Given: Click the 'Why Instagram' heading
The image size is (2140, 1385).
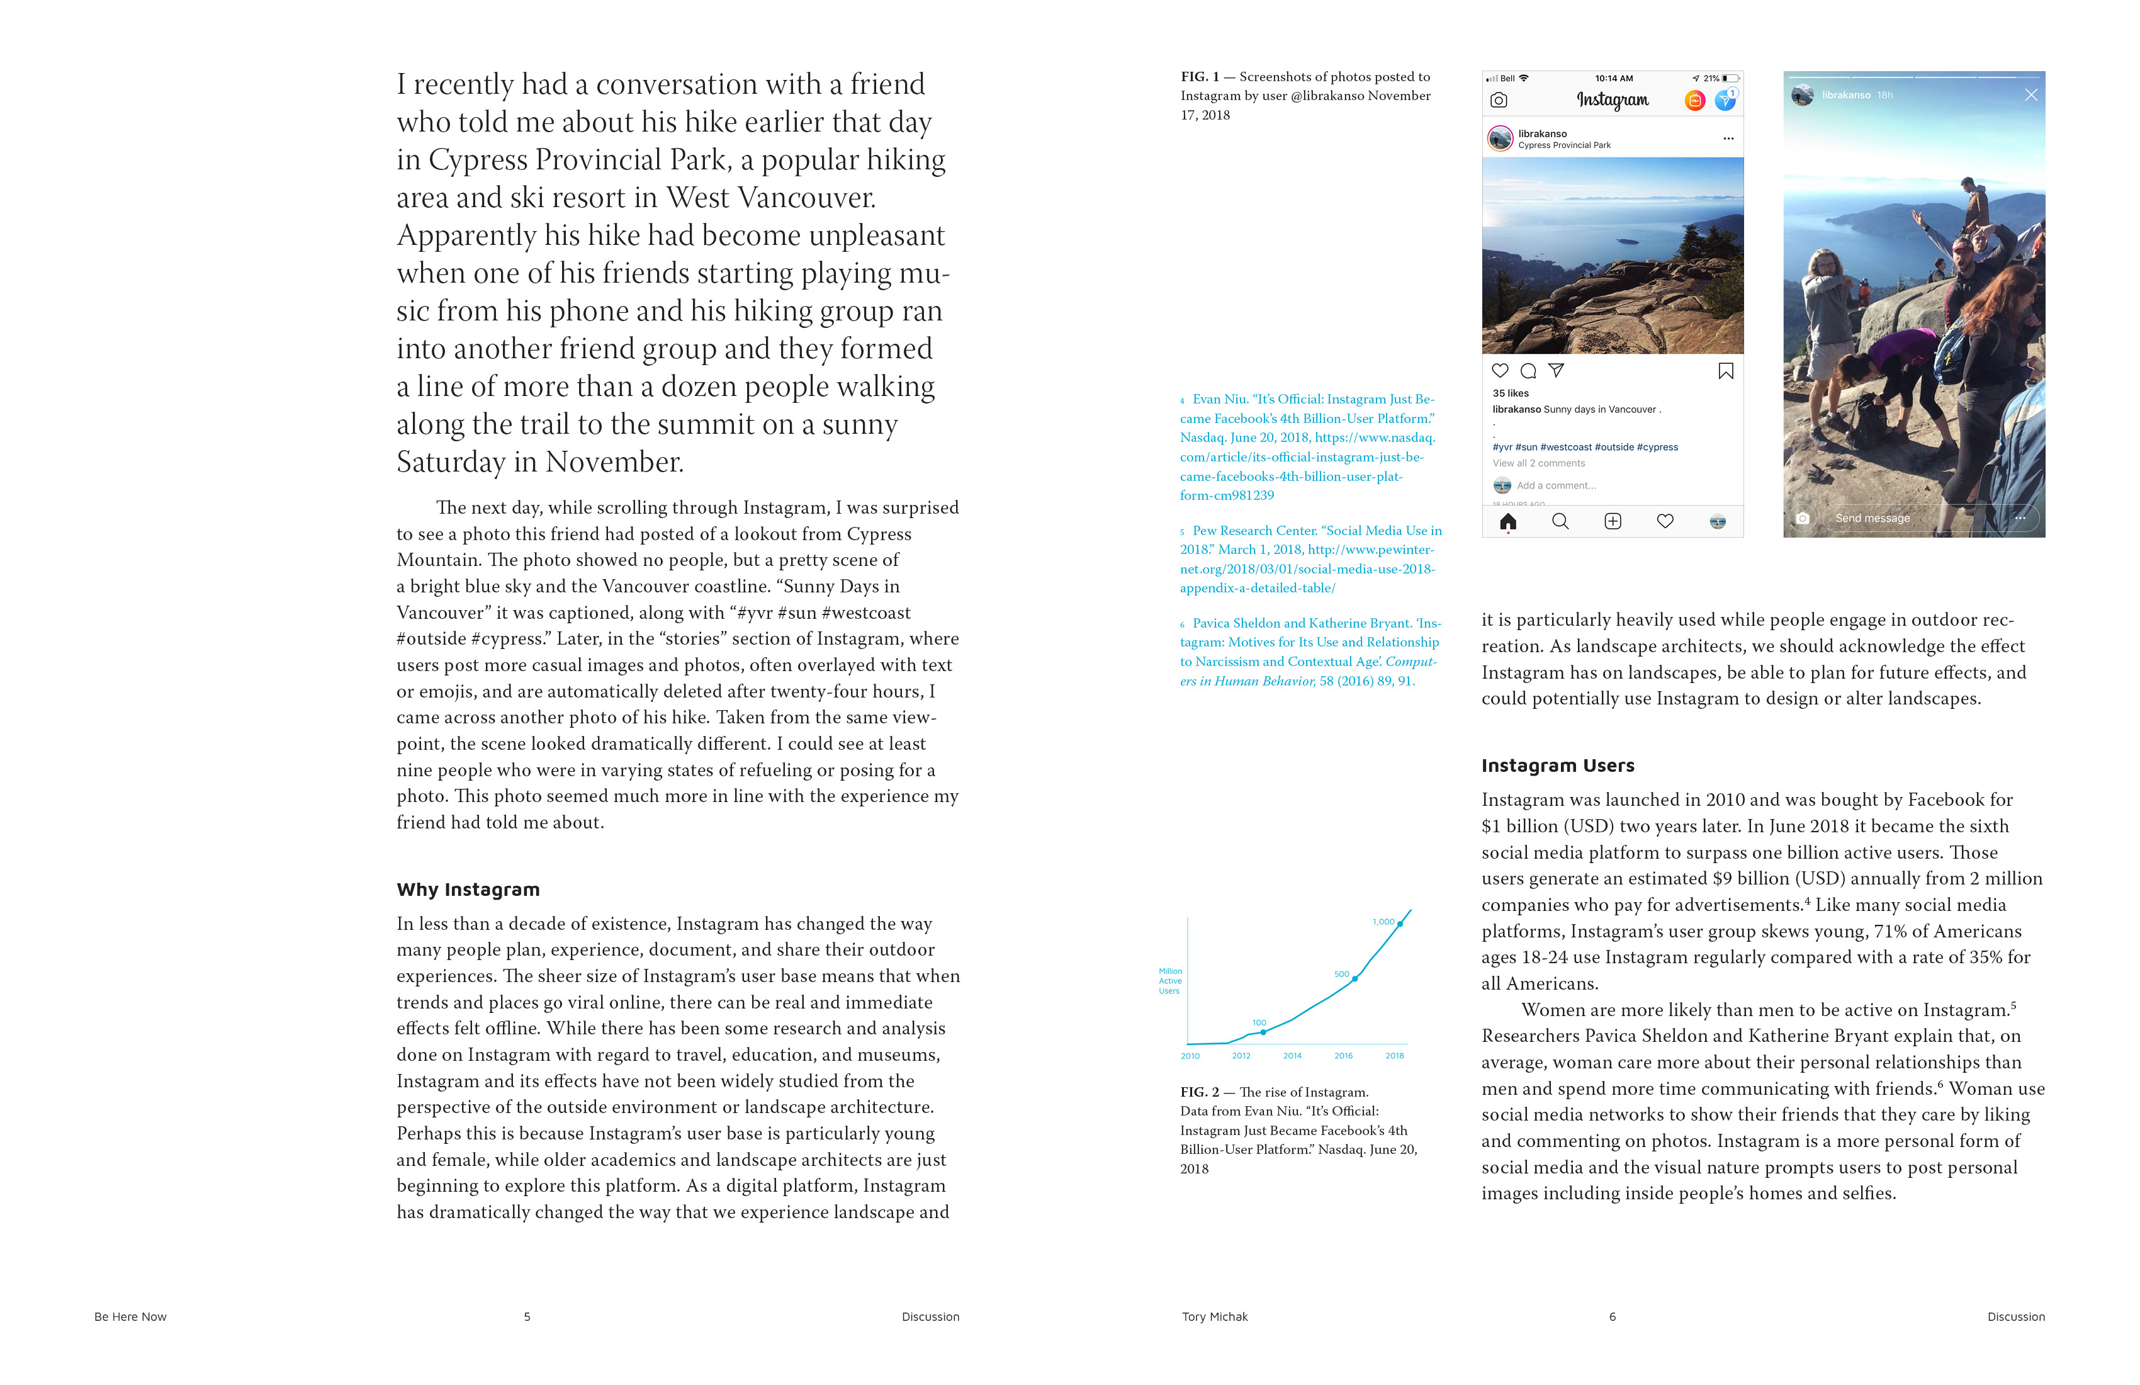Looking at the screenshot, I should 468,890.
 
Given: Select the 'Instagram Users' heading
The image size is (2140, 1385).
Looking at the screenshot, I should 1557,766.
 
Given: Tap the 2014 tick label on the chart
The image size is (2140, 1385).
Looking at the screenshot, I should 1292,1056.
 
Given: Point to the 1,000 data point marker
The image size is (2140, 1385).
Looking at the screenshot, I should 1400,924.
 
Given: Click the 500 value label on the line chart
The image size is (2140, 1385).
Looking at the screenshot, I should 1341,974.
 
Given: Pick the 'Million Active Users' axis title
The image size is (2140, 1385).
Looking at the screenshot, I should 1170,981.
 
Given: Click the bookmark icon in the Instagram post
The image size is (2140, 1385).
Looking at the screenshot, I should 1725,371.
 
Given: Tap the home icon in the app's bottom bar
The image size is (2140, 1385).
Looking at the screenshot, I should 1508,522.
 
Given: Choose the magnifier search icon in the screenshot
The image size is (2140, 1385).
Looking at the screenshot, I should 1560,522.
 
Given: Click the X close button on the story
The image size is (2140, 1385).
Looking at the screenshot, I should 2030,95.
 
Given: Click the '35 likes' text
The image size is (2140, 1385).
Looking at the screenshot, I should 1511,393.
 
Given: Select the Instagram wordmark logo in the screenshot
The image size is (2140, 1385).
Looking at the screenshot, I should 1612,100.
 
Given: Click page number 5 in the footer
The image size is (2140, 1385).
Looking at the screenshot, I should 527,1316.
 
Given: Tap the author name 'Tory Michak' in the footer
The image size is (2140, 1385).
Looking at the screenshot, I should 1215,1316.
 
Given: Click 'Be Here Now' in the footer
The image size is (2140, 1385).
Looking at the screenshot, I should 130,1316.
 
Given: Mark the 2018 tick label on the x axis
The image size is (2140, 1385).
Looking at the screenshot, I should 1395,1056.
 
